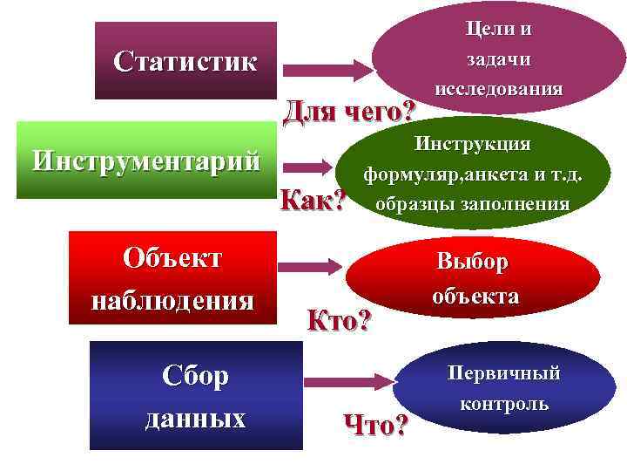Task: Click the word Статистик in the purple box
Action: (185, 63)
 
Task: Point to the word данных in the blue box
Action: (196, 417)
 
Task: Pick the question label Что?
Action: (376, 425)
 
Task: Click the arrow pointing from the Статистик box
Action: (327, 67)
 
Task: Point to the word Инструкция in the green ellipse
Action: (473, 142)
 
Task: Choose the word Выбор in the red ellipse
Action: (473, 262)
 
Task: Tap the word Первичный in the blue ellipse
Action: (504, 373)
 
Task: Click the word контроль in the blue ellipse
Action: (504, 404)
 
